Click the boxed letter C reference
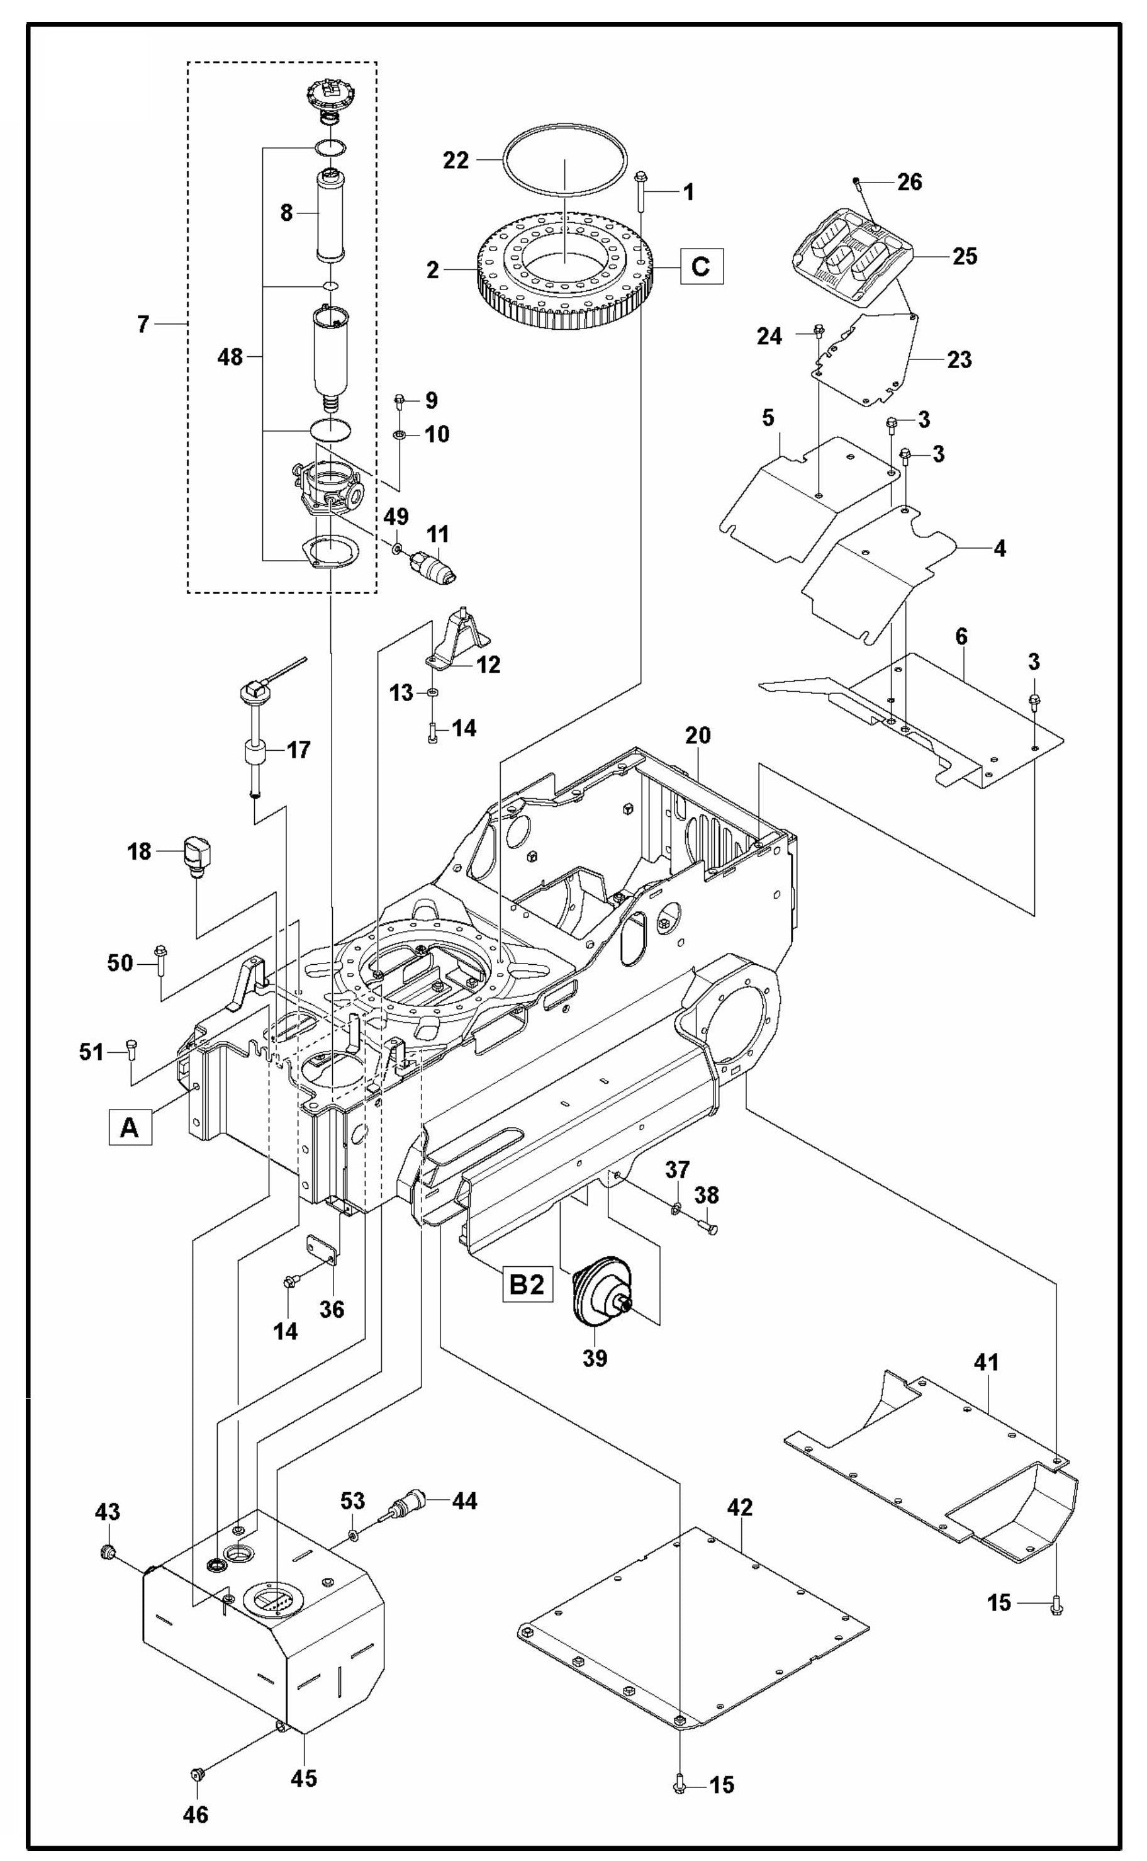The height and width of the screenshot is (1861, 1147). tap(701, 266)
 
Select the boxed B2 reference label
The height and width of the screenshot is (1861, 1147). tap(527, 1285)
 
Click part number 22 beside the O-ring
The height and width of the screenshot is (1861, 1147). tap(457, 161)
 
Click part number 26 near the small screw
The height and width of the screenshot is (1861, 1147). tap(910, 182)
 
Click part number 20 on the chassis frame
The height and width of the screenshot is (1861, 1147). tap(697, 735)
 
